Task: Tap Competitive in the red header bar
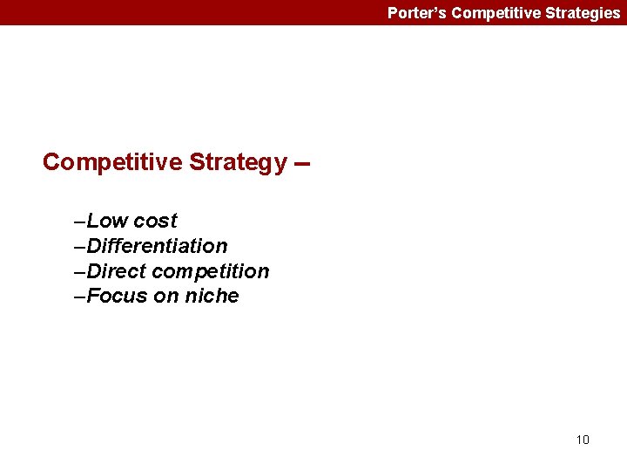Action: [491, 13]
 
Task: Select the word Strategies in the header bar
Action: [580, 13]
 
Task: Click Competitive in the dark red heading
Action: [112, 162]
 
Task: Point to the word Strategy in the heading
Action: [238, 162]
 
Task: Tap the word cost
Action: [155, 221]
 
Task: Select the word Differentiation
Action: [157, 246]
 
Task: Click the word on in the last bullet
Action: [165, 296]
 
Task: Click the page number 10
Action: [583, 440]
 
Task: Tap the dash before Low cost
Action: [81, 222]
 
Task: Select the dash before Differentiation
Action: [81, 247]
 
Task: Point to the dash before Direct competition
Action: [81, 272]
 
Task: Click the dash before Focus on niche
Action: [81, 297]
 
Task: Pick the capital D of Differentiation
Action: [94, 246]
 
